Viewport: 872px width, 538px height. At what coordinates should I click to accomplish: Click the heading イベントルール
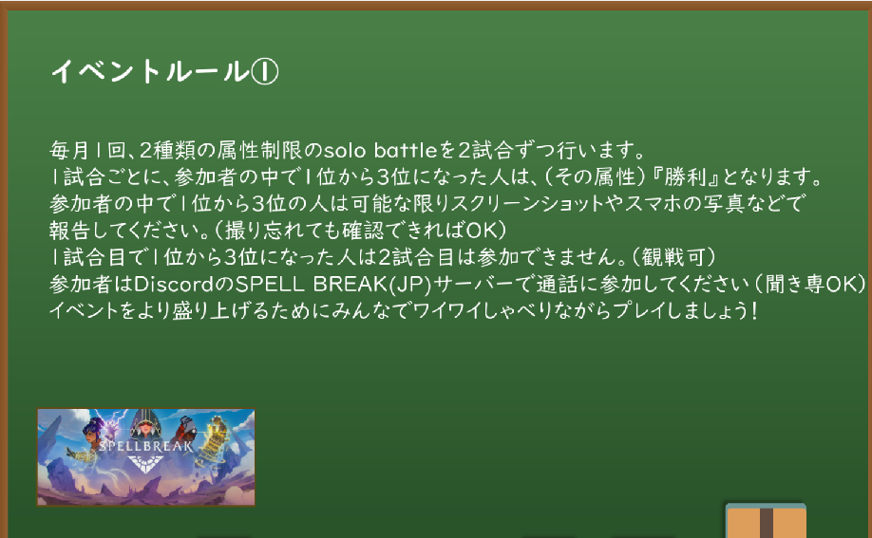[x=150, y=71]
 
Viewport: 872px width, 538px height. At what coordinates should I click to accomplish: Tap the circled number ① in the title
[x=265, y=71]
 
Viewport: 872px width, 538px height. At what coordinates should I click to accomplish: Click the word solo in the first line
[x=344, y=150]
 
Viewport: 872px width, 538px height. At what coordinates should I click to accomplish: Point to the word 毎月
[x=69, y=150]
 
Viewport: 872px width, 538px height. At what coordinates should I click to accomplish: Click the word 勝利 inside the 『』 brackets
[x=685, y=176]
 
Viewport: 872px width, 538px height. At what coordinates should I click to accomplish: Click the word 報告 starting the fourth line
[x=69, y=230]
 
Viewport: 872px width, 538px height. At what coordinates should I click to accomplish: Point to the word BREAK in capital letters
[x=350, y=284]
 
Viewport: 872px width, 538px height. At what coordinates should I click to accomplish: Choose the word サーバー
[x=473, y=284]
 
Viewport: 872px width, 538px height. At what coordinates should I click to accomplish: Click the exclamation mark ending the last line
[x=754, y=310]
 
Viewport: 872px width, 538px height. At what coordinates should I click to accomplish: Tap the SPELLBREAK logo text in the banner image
[x=145, y=445]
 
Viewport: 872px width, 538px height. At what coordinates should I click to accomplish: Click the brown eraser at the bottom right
[x=766, y=521]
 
